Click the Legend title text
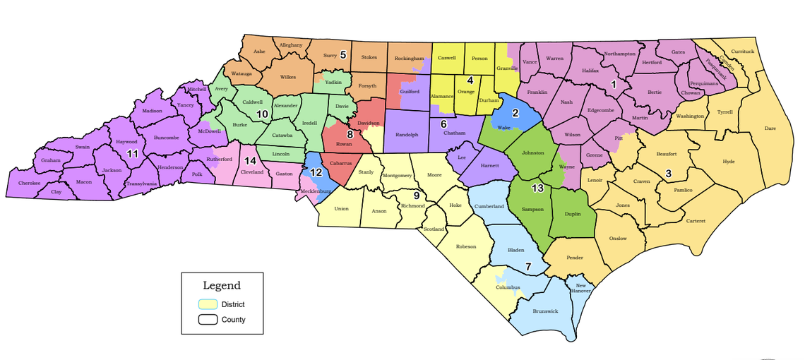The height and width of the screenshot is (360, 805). pos(222,286)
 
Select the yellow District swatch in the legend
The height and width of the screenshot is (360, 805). pos(207,304)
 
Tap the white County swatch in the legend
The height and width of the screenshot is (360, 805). pos(207,320)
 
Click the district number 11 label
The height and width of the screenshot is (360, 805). pos(131,153)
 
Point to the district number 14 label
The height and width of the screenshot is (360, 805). pos(250,160)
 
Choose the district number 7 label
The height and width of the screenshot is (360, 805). pos(527,266)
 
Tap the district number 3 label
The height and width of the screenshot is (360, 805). pos(668,173)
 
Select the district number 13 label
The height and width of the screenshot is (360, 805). pos(538,188)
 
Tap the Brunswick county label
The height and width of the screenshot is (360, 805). pos(544,311)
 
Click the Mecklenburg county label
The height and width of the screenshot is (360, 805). pos(316,191)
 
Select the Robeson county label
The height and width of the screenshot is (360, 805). pos(466,246)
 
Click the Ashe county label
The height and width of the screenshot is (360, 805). pos(259,51)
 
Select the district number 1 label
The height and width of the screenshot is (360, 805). pos(613,84)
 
